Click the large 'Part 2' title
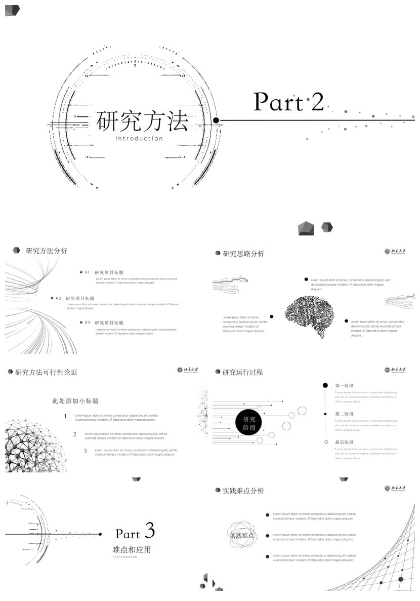coord(288,102)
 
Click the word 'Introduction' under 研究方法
coord(139,138)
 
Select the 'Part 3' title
coord(135,532)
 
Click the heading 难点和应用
coord(132,549)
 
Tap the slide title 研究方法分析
coord(46,251)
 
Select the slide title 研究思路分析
coord(243,254)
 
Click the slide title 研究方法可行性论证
coord(46,372)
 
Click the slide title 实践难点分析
coord(243,491)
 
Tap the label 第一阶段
coord(344,386)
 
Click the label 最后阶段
coord(344,443)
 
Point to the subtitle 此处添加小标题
coord(75,401)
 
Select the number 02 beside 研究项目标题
coord(58,298)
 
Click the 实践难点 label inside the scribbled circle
coord(242,535)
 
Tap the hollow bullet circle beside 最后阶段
coord(326,442)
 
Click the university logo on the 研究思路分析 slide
coord(395,251)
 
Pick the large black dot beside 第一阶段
coord(325,385)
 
